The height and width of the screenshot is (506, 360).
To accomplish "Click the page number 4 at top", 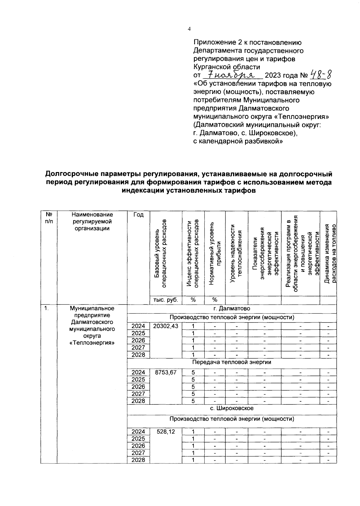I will coord(189,29).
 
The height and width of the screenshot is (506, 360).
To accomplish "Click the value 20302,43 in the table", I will coord(166,326).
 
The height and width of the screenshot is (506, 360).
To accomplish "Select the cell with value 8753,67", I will coord(166,372).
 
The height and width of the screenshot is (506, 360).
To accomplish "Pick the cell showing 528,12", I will coord(166,432).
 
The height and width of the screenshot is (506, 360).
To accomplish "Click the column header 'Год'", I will coord(138,215).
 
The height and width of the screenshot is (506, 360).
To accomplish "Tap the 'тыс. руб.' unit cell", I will coord(166,300).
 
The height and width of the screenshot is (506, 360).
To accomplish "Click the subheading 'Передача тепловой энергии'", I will coord(232,362).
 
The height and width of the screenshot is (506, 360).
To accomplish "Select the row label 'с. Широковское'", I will coord(232,408).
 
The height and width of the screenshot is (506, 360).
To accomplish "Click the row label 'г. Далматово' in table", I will coord(232,309).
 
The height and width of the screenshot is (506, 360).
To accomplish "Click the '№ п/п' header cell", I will coord(49,218).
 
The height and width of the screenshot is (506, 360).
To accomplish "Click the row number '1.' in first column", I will coord(46,308).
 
